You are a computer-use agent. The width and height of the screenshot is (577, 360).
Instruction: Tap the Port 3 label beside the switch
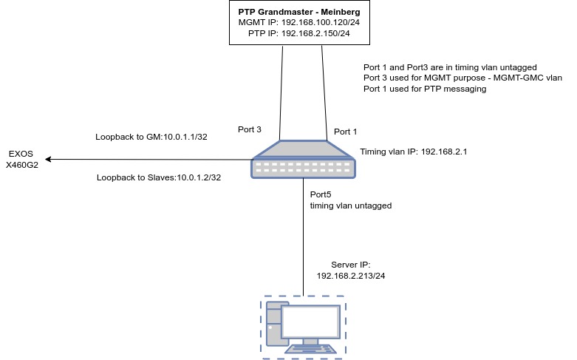click(x=250, y=129)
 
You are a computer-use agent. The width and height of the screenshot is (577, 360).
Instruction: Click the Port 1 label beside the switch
click(x=345, y=132)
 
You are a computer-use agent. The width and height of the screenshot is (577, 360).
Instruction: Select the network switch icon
click(x=303, y=159)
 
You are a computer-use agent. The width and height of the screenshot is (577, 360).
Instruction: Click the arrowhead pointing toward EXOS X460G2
click(x=48, y=159)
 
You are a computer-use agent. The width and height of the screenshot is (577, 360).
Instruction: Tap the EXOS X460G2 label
click(x=22, y=160)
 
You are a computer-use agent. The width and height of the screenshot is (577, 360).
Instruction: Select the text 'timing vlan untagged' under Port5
click(x=351, y=206)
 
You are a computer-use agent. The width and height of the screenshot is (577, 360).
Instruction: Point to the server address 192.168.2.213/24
click(x=351, y=275)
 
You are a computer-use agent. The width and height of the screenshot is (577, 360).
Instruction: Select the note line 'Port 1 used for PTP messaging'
click(x=425, y=89)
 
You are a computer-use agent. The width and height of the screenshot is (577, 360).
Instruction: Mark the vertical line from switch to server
click(x=303, y=237)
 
